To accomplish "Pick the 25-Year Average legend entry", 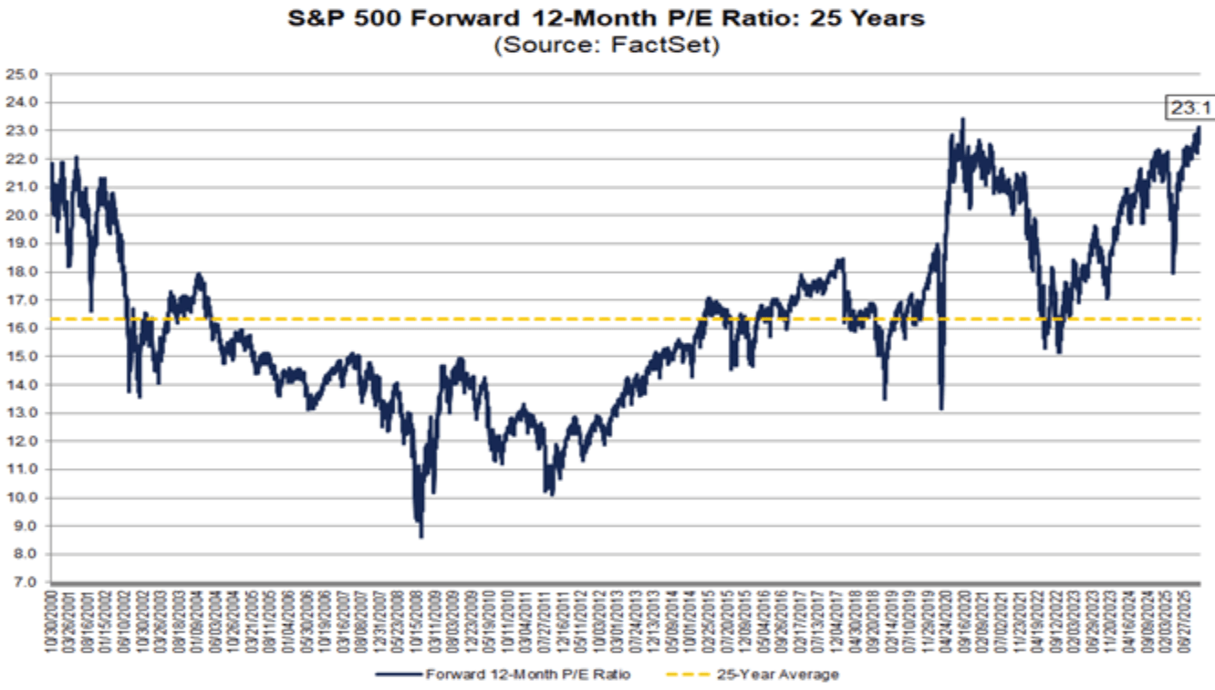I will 767,674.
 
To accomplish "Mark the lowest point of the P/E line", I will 421,537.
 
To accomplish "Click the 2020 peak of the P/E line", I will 962,119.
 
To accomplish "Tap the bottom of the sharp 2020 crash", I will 940,408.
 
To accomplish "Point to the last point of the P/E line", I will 1199,128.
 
